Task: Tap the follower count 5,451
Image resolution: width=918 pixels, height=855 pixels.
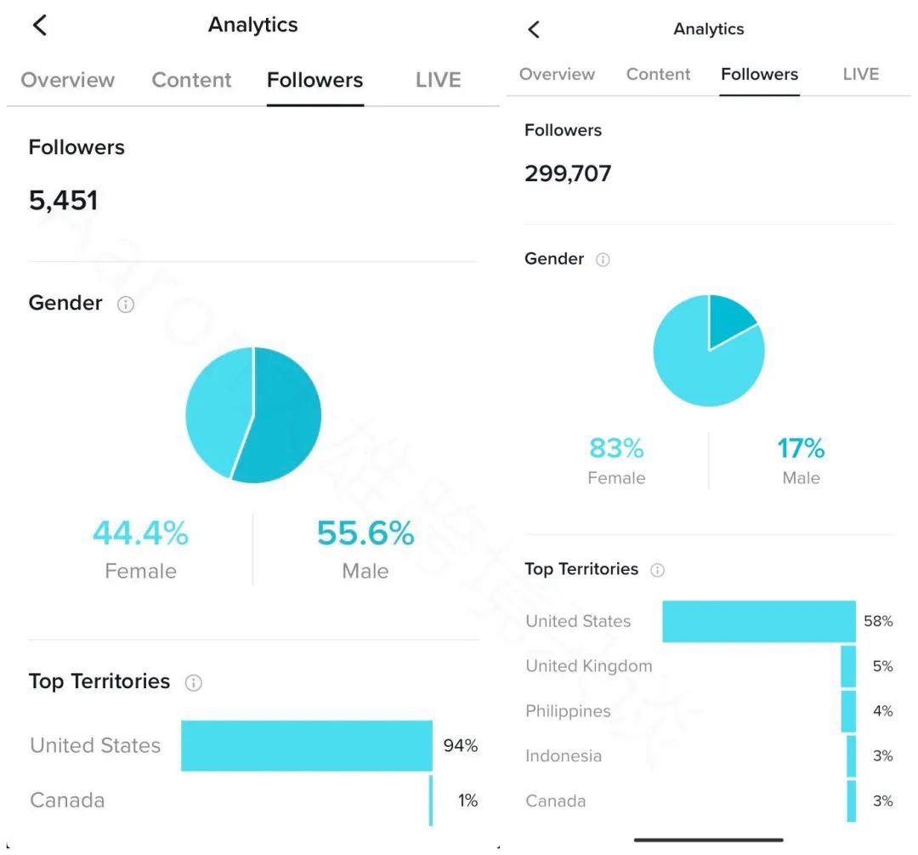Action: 64,201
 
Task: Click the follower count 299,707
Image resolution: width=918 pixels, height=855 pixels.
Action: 568,174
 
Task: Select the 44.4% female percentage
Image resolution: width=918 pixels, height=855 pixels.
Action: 140,533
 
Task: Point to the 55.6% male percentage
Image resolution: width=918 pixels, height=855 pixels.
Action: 365,533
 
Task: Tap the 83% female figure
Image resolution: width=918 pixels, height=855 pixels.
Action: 616,448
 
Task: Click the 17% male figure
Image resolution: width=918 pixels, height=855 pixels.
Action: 801,448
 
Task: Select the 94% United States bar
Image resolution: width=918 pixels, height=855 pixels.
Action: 306,745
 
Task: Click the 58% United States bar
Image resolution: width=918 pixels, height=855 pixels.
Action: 758,621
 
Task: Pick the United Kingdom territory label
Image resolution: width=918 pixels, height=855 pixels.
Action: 589,666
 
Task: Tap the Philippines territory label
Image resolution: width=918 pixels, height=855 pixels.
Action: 568,711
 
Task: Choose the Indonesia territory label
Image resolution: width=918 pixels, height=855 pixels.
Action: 564,755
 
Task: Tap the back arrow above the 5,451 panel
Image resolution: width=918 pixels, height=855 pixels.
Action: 39,26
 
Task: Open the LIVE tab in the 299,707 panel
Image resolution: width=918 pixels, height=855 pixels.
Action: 860,74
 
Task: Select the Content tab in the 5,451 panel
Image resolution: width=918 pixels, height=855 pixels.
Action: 191,80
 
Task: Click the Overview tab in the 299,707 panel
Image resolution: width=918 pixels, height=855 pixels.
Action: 557,74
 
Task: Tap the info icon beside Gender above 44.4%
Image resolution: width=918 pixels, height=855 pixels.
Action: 126,305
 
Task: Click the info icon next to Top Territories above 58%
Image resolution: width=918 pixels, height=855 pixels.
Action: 657,570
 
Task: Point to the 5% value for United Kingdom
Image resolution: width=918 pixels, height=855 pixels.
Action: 882,666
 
